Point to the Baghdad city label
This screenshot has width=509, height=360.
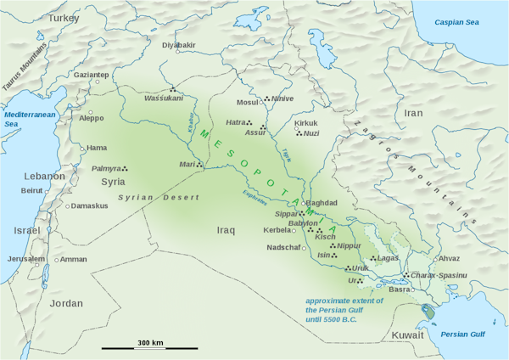pos(321,203)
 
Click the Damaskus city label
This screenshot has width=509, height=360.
pos(89,205)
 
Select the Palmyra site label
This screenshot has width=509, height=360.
pos(106,169)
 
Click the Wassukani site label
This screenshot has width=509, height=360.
pos(164,98)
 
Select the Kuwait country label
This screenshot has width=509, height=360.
pos(406,336)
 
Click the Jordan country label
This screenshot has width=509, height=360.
pos(66,303)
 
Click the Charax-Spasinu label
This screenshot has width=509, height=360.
pos(439,275)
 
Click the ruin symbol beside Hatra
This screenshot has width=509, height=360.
pos(250,123)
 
